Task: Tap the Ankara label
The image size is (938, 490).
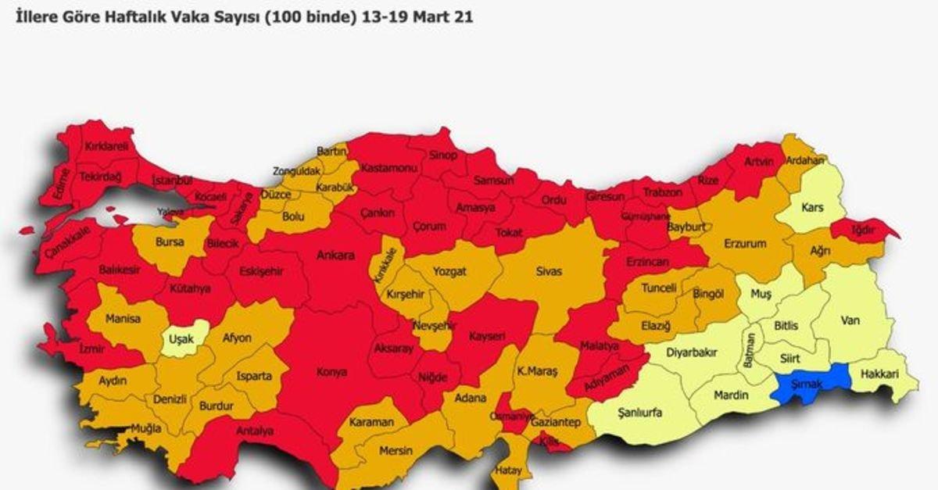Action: [335, 256]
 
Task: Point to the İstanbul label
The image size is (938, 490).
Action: [171, 181]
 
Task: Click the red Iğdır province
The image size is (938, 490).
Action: [862, 229]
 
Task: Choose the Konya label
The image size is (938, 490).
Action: [331, 372]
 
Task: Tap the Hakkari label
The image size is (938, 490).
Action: [879, 375]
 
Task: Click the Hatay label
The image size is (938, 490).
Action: [508, 470]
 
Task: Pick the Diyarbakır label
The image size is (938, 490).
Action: [691, 352]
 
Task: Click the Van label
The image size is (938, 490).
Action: [850, 320]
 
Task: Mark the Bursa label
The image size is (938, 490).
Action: [170, 242]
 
